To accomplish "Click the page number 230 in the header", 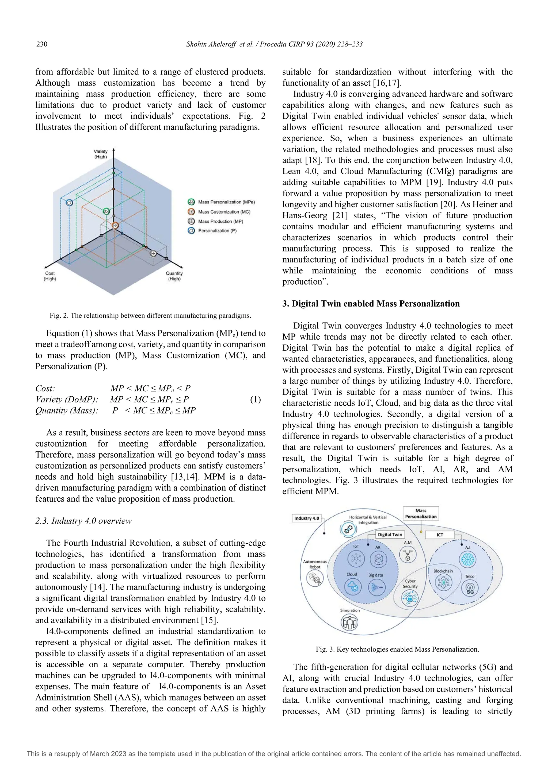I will (42, 44).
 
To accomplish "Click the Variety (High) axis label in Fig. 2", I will (101, 154).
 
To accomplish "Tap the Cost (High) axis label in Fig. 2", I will (50, 276).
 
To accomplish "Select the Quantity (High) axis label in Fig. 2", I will (174, 276).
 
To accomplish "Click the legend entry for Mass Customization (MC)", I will (224, 212).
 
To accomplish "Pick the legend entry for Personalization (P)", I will (217, 231).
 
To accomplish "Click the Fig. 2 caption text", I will (150, 316).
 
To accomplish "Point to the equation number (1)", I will (255, 400).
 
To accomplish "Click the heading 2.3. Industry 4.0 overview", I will (83, 521).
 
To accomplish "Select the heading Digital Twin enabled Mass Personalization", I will (371, 303).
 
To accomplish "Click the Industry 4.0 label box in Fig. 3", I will (306, 518).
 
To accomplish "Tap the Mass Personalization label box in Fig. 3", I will (421, 513).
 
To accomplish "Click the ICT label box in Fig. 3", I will (440, 535).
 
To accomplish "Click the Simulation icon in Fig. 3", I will (349, 623).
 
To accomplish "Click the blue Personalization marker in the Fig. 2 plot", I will (69, 203).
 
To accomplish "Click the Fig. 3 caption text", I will (397, 649).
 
